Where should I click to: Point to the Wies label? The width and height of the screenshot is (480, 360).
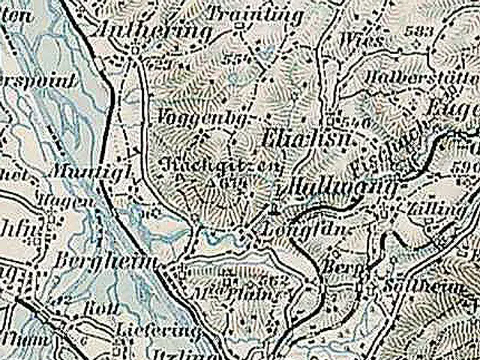point(357,37)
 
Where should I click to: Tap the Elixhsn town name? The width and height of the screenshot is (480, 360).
point(295,140)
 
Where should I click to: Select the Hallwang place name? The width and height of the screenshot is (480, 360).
point(331,184)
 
